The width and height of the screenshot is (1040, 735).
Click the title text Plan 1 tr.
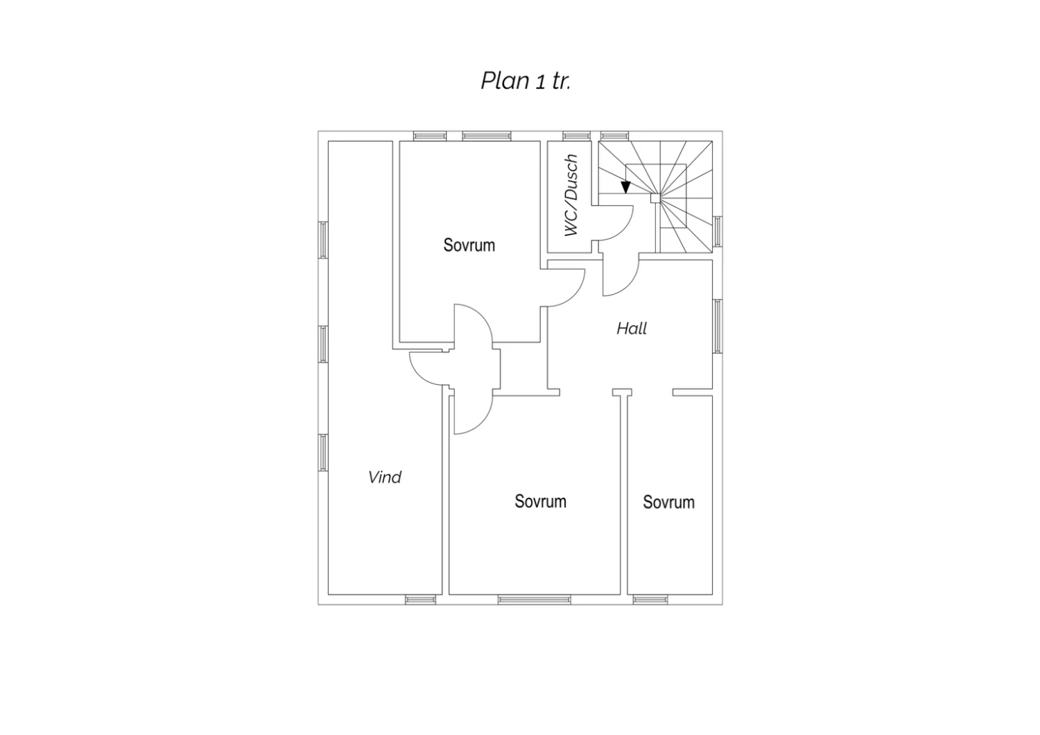(x=525, y=81)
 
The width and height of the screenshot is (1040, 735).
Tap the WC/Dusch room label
(x=571, y=196)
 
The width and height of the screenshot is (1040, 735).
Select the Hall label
(x=632, y=329)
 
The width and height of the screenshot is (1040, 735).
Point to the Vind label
(x=385, y=477)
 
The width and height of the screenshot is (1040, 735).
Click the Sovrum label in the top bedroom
(x=469, y=245)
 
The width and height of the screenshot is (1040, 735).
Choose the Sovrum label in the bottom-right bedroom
(x=668, y=502)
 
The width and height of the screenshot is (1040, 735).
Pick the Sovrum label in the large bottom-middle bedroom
(x=540, y=501)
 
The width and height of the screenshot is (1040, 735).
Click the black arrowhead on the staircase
(x=626, y=187)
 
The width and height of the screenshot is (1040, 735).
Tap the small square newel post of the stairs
(x=655, y=199)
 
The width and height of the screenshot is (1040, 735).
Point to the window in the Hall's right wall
(x=718, y=327)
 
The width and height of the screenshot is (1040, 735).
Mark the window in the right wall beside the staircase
(x=718, y=231)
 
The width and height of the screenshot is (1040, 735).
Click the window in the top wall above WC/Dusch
(x=577, y=136)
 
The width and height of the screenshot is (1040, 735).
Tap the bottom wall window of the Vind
(x=420, y=600)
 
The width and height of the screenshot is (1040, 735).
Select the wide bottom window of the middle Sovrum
(x=535, y=600)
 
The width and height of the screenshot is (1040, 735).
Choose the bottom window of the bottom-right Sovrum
(x=650, y=600)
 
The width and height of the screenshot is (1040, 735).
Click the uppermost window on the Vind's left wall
(x=322, y=240)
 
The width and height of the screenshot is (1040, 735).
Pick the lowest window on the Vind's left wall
(x=322, y=453)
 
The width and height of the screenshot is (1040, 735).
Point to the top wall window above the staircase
(x=615, y=136)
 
